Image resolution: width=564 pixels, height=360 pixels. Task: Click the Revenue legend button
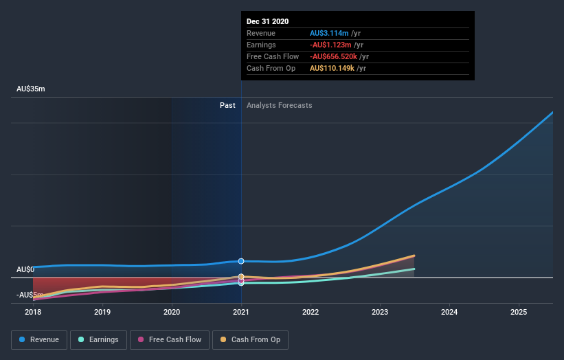point(39,339)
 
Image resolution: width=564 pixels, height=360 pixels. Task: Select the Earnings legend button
point(99,339)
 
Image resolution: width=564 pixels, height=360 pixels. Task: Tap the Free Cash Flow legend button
point(169,339)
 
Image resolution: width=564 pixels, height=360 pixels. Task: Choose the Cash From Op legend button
point(250,339)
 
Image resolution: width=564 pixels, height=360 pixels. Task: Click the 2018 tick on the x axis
point(33,312)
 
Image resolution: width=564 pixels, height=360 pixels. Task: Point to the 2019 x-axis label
point(102,312)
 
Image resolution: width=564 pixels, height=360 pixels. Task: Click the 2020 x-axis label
point(172,312)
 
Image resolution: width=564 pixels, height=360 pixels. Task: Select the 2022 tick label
point(311,312)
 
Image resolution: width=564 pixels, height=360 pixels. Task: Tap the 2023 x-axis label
point(380,312)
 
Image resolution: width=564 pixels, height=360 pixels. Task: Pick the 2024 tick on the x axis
point(449,312)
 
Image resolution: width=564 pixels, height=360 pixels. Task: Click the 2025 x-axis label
point(519,312)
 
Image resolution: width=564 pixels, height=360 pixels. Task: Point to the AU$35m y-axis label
point(30,89)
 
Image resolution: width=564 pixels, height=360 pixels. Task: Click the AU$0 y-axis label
point(25,269)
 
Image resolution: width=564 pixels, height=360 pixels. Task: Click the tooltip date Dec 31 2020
point(268,21)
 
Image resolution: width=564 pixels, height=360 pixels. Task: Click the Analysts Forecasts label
point(280,105)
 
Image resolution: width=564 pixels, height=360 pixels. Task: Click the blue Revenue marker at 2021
point(241,261)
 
